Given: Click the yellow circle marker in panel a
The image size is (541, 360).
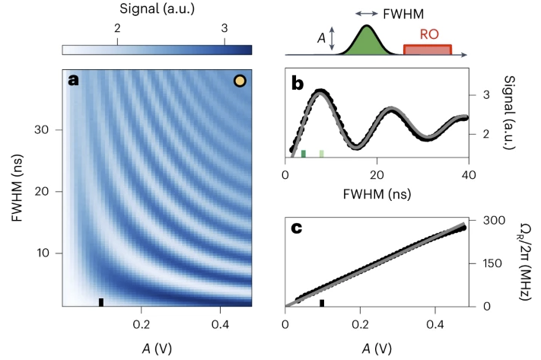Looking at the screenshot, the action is [240, 81].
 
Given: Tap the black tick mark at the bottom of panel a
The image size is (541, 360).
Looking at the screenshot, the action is [101, 302].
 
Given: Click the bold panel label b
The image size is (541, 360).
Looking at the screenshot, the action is [298, 84].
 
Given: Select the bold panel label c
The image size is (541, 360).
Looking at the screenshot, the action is [297, 228].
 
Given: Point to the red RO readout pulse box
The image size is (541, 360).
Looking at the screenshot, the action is [428, 49].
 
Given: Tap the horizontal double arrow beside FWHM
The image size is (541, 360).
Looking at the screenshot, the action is [367, 14].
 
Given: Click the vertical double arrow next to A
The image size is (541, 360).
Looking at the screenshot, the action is [332, 38].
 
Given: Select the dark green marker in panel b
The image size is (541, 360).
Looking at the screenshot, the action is [304, 154].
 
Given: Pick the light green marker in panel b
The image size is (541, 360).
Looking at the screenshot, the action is [322, 154].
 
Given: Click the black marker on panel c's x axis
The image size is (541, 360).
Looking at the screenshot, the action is [322, 303].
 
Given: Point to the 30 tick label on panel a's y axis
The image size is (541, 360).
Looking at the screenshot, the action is [41, 130].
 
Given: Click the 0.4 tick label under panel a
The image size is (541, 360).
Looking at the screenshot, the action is [220, 324].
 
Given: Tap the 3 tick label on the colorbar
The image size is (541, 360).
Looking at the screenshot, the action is [224, 28].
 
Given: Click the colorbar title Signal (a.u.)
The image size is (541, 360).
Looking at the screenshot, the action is [157, 8].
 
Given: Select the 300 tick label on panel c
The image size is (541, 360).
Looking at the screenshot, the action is [494, 220].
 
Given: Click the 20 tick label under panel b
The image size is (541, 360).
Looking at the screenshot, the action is [377, 175].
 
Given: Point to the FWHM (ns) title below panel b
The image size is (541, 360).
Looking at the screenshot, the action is [377, 194].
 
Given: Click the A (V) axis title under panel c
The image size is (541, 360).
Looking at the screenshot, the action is [377, 349].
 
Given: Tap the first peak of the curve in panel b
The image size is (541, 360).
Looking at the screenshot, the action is [321, 92].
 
